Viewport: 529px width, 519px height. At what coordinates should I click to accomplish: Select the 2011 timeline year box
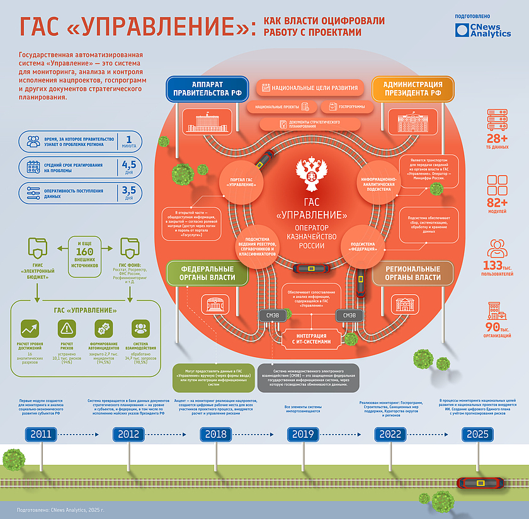40,434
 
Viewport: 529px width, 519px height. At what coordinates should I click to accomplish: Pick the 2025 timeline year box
477,434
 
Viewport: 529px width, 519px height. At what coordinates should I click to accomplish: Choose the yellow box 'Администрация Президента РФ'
412,89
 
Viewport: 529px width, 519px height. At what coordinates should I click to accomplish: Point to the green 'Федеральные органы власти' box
202,273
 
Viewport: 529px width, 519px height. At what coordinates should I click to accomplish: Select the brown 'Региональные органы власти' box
412,273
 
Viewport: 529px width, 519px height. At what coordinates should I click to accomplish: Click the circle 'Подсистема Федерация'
363,246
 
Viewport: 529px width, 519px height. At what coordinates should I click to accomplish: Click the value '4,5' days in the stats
128,166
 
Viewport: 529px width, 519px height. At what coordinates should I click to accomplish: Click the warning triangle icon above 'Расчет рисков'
65,328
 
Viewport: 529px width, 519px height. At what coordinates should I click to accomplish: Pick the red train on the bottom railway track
480,483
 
